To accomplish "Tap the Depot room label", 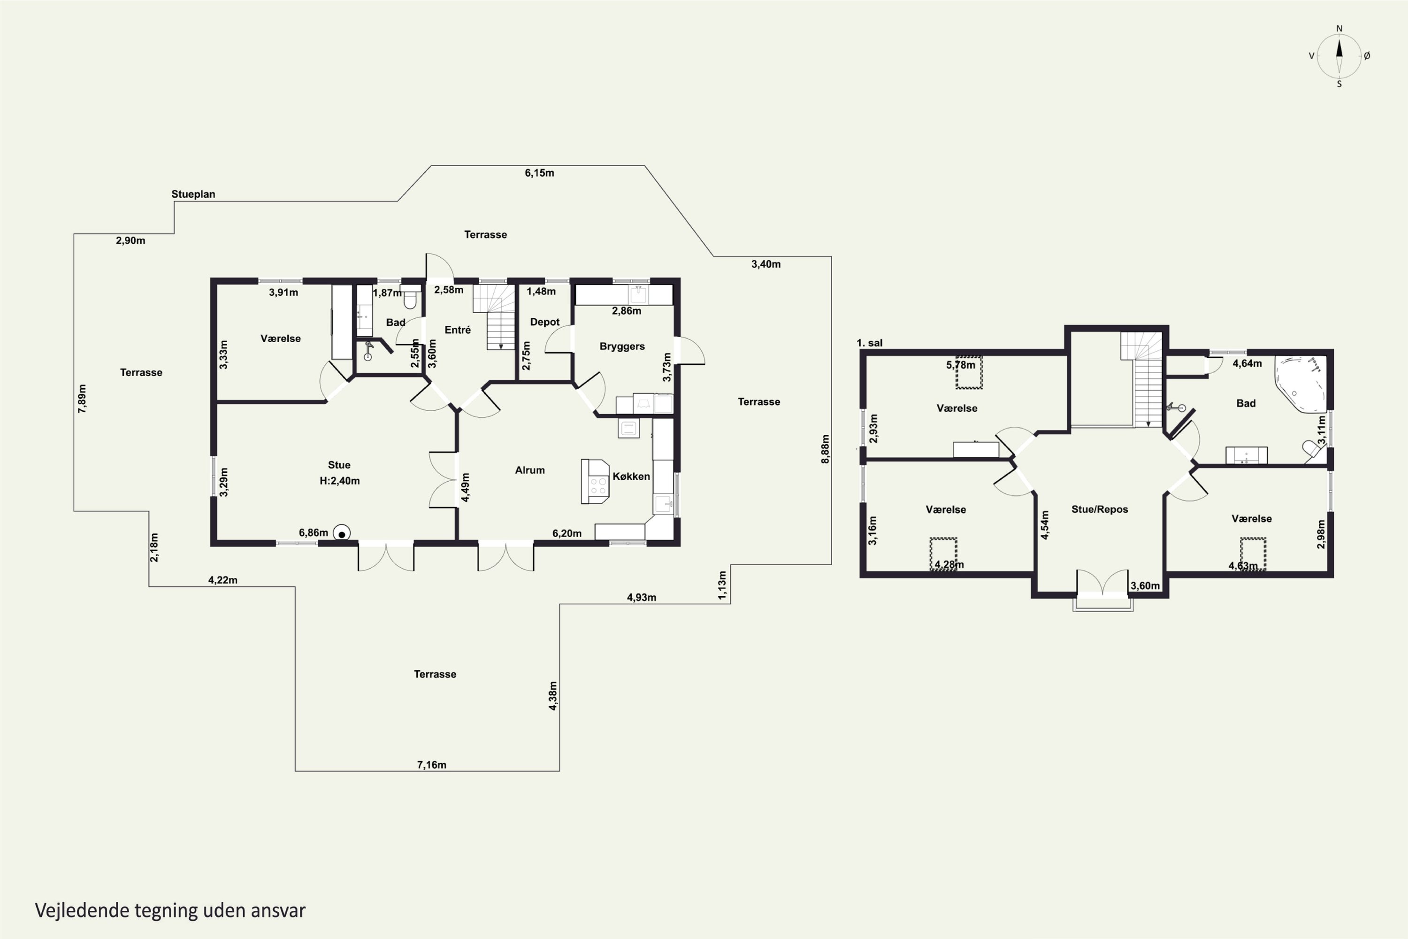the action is pyautogui.click(x=545, y=322).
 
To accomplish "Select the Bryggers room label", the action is pyautogui.click(x=622, y=346).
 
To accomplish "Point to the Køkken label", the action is pyautogui.click(x=631, y=476).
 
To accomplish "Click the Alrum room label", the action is pyautogui.click(x=530, y=470).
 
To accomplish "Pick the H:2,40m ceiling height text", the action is pyautogui.click(x=339, y=480).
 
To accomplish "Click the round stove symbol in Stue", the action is pyautogui.click(x=342, y=533).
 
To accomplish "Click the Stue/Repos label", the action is pyautogui.click(x=1100, y=509).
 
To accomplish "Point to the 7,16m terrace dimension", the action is pyautogui.click(x=432, y=765).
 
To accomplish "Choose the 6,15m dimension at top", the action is pyautogui.click(x=539, y=173).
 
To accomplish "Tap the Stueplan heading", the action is pyautogui.click(x=193, y=194).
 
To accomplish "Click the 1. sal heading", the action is pyautogui.click(x=869, y=343).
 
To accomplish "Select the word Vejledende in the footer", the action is pyautogui.click(x=83, y=910).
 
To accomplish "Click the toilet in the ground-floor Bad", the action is pyautogui.click(x=410, y=298).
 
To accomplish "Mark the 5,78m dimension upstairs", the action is pyautogui.click(x=960, y=365).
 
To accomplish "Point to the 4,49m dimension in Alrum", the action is pyautogui.click(x=465, y=487).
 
